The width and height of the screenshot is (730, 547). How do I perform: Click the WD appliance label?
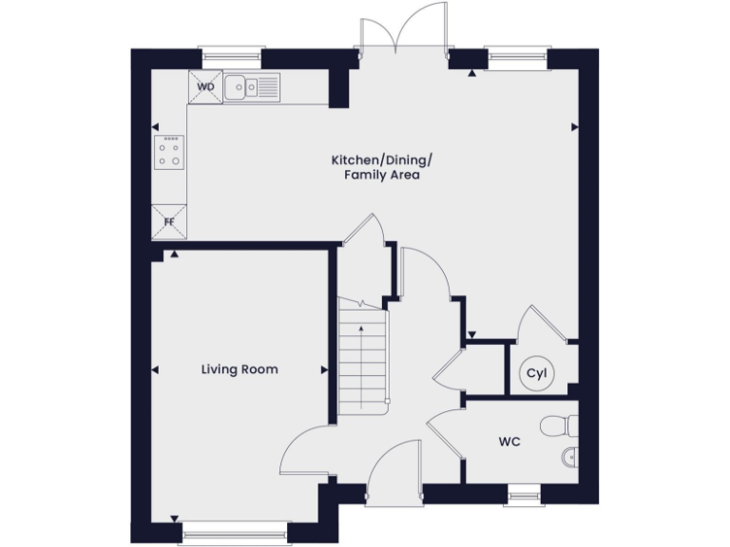[205, 86]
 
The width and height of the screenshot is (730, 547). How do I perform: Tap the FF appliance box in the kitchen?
[170, 222]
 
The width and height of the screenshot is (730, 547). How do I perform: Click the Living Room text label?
[240, 368]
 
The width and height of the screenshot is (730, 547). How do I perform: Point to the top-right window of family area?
[516, 59]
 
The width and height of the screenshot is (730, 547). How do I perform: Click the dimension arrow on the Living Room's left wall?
[155, 369]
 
